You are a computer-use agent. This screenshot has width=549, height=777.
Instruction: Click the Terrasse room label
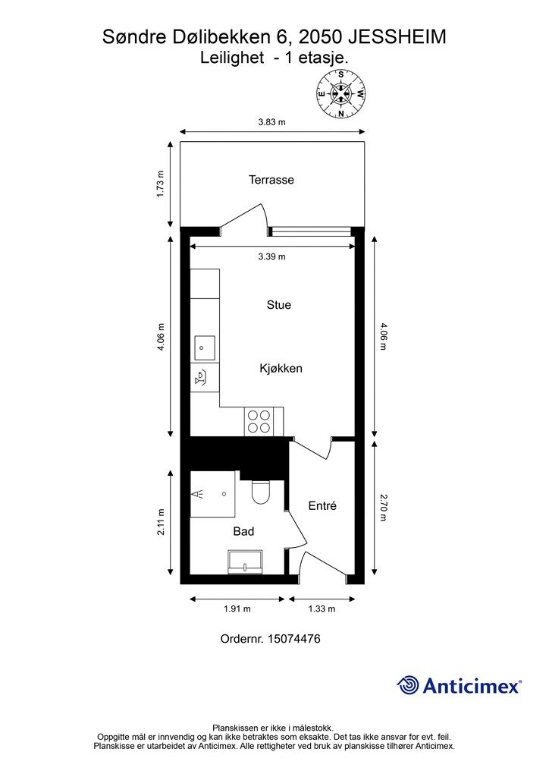(x=271, y=180)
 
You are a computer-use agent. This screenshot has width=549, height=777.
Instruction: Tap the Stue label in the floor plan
(x=279, y=305)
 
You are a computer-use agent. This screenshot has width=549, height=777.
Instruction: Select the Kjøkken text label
(x=281, y=369)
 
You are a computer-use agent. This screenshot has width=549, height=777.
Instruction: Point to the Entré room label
(x=322, y=505)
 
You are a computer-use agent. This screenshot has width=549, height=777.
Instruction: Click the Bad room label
(x=243, y=531)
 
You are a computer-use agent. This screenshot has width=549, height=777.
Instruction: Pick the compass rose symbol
(x=341, y=93)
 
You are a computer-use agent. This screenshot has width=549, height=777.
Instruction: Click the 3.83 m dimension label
(x=271, y=122)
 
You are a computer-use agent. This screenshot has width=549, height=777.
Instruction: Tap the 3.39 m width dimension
(x=271, y=256)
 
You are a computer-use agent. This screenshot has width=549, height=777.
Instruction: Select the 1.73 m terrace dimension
(x=160, y=184)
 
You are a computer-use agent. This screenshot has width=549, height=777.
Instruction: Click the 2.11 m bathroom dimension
(x=161, y=522)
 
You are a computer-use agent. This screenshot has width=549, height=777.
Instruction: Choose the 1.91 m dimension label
(x=237, y=609)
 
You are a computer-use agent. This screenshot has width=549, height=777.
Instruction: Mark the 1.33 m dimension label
(x=322, y=609)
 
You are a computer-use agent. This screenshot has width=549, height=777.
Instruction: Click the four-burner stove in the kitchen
(x=259, y=422)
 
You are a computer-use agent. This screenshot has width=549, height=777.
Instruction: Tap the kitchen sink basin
(x=205, y=348)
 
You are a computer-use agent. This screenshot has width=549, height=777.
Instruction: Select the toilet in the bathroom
(x=260, y=492)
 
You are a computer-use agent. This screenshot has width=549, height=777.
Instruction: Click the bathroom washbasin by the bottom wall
(x=245, y=562)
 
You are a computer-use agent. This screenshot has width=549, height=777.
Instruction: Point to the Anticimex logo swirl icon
(x=408, y=685)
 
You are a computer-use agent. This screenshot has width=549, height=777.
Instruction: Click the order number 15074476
(x=294, y=639)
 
